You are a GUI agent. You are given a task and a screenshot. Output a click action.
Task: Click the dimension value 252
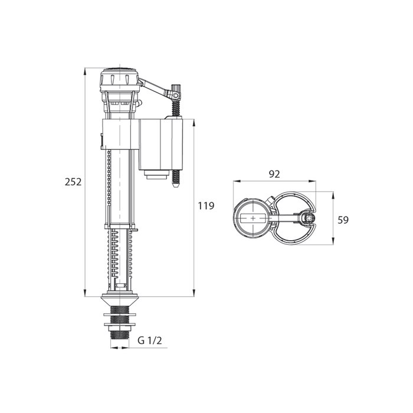pyautogui.click(x=73, y=182)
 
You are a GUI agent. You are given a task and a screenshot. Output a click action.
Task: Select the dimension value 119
pyautogui.click(x=206, y=206)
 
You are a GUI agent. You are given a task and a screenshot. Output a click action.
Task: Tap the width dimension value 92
pyautogui.click(x=274, y=174)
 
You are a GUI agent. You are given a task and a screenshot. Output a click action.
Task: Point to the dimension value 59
pyautogui.click(x=343, y=219)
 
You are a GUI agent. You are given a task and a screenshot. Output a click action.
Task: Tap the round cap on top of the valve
pyautogui.click(x=121, y=78)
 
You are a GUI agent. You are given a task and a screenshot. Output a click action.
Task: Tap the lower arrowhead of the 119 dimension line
pyautogui.click(x=194, y=293)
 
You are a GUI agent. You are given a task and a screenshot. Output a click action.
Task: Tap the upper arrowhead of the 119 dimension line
pyautogui.click(x=194, y=121)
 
